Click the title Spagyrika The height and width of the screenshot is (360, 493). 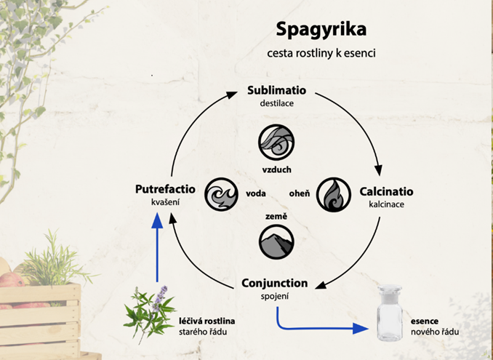pos(321,30)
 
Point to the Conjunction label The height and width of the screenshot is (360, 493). pos(274,283)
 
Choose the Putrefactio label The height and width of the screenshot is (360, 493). pos(164,190)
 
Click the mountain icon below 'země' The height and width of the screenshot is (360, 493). pos(276,244)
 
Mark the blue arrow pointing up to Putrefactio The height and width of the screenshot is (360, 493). pos(156,247)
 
